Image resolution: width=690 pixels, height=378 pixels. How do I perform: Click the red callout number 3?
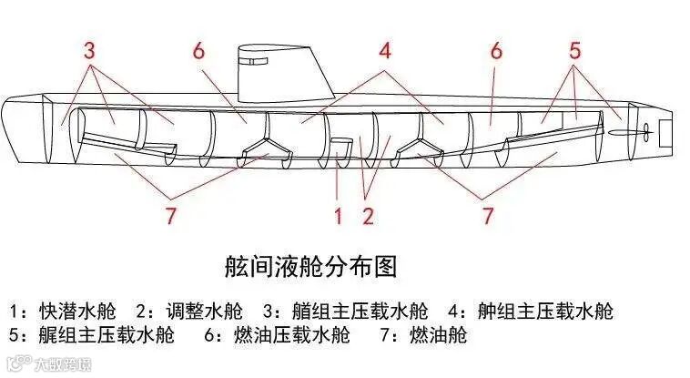[89, 51]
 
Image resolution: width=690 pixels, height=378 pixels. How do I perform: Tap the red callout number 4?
[385, 51]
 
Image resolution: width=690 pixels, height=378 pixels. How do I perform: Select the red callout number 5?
[573, 51]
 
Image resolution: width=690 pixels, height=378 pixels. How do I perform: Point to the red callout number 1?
[338, 217]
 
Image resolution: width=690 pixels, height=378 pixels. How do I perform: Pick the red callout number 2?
[368, 217]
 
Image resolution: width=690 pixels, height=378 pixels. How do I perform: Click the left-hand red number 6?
[198, 51]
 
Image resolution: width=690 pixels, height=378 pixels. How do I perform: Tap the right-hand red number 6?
[496, 51]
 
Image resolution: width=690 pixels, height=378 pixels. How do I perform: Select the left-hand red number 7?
[170, 217]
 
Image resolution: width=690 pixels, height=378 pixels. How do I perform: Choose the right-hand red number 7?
[488, 217]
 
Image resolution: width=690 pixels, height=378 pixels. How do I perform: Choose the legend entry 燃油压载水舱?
[291, 335]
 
